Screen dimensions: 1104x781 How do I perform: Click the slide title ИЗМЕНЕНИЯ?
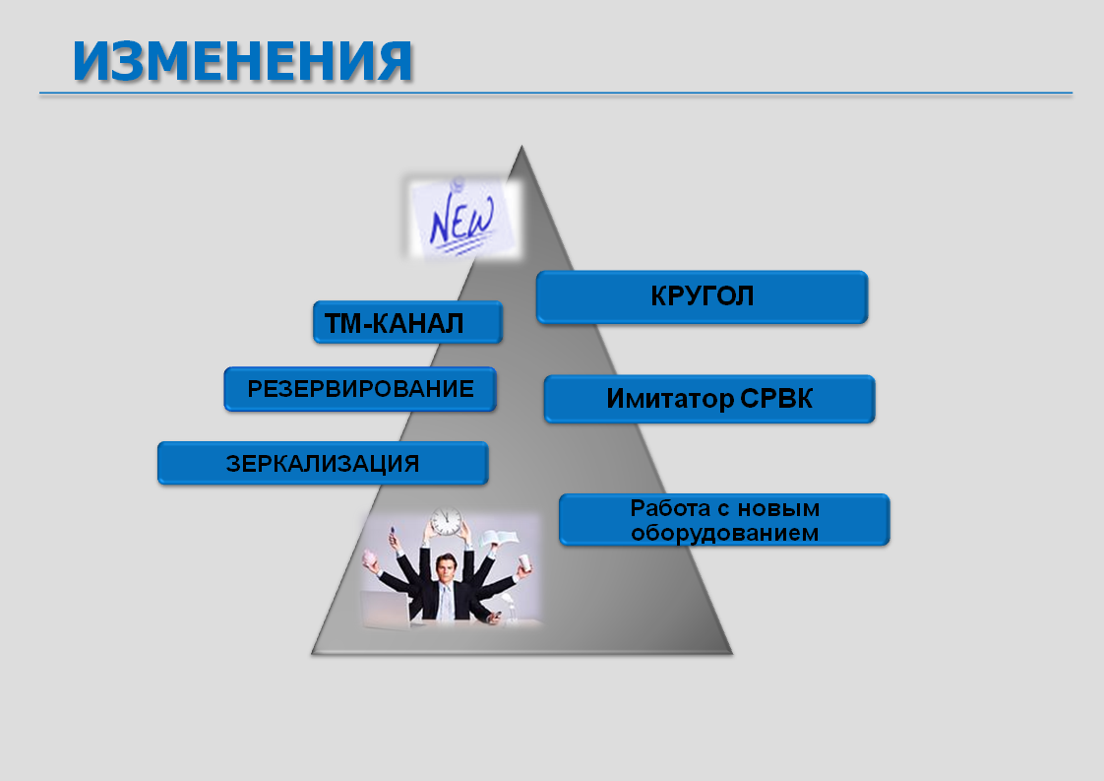[x=242, y=61]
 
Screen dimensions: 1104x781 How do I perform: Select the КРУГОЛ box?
[x=702, y=296]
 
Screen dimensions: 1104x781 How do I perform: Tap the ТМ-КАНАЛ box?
[x=407, y=322]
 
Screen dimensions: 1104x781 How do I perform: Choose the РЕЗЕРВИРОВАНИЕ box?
[x=360, y=388]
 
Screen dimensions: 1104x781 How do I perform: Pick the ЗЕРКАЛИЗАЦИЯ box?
[x=323, y=463]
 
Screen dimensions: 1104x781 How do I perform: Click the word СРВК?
[x=776, y=399]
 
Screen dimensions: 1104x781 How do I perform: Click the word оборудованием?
[x=724, y=533]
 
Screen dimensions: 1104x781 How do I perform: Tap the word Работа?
[x=669, y=507]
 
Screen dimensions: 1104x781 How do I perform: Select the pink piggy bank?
[x=370, y=558]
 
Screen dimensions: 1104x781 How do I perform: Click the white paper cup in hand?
[x=523, y=563]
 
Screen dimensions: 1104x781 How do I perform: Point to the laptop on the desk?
[x=385, y=609]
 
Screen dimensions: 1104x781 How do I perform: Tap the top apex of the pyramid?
[x=521, y=146]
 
